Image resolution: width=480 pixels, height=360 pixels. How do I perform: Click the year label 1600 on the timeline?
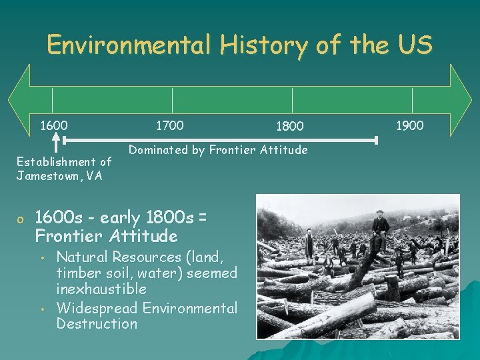click(53, 125)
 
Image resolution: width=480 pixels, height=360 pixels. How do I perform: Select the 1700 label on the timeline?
click(169, 125)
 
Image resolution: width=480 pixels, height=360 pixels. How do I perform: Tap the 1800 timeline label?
click(289, 127)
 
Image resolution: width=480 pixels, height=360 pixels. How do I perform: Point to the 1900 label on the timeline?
click(409, 125)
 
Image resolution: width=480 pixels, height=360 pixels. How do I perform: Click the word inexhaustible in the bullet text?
click(101, 289)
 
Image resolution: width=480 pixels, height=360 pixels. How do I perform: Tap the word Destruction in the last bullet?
click(97, 324)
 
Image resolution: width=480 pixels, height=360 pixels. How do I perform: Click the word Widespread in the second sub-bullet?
click(97, 308)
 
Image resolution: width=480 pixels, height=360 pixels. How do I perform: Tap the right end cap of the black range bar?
click(376, 140)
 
